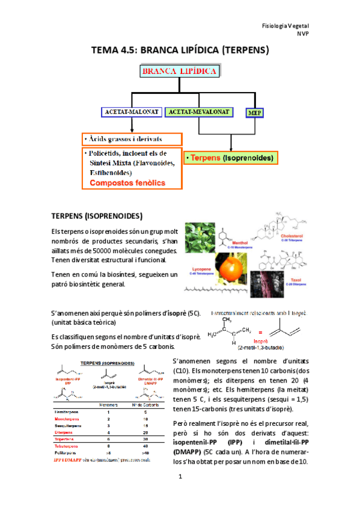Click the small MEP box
tap(252, 112)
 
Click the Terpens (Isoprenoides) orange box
tap(231, 159)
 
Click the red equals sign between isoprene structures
tap(261, 332)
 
